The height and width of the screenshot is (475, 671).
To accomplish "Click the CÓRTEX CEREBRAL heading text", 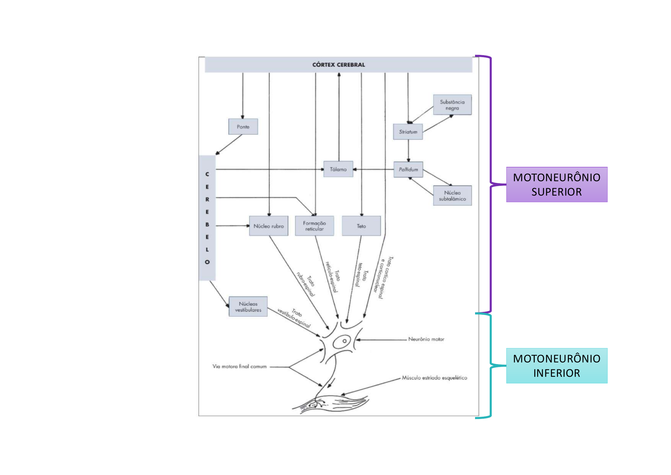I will click(339, 65).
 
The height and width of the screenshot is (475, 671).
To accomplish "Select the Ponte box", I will click(243, 127).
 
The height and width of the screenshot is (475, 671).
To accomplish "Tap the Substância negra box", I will click(452, 105).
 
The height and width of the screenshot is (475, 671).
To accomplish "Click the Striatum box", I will click(408, 132).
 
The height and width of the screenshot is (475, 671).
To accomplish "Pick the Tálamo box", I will click(338, 169).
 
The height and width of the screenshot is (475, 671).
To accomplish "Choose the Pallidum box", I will click(408, 169).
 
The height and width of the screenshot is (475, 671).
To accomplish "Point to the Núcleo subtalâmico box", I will click(452, 196).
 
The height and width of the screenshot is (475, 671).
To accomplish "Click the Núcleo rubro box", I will click(269, 226).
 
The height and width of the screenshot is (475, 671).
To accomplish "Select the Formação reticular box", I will click(314, 226).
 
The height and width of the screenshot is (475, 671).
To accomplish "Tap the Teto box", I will click(361, 226).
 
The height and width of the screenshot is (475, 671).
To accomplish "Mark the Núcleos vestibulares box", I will click(248, 307).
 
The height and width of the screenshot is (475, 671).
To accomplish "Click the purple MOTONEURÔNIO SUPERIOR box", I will click(557, 185).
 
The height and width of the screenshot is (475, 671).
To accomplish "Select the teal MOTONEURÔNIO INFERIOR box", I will click(557, 366).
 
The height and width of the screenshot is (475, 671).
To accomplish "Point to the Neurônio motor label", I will click(426, 339).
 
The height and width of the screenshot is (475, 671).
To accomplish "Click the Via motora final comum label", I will click(239, 366).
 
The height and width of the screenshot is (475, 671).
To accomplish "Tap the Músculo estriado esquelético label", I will click(434, 378).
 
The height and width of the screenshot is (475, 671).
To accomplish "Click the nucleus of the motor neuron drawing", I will click(345, 341).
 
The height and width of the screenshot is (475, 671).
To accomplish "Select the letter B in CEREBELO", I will click(207, 225).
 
